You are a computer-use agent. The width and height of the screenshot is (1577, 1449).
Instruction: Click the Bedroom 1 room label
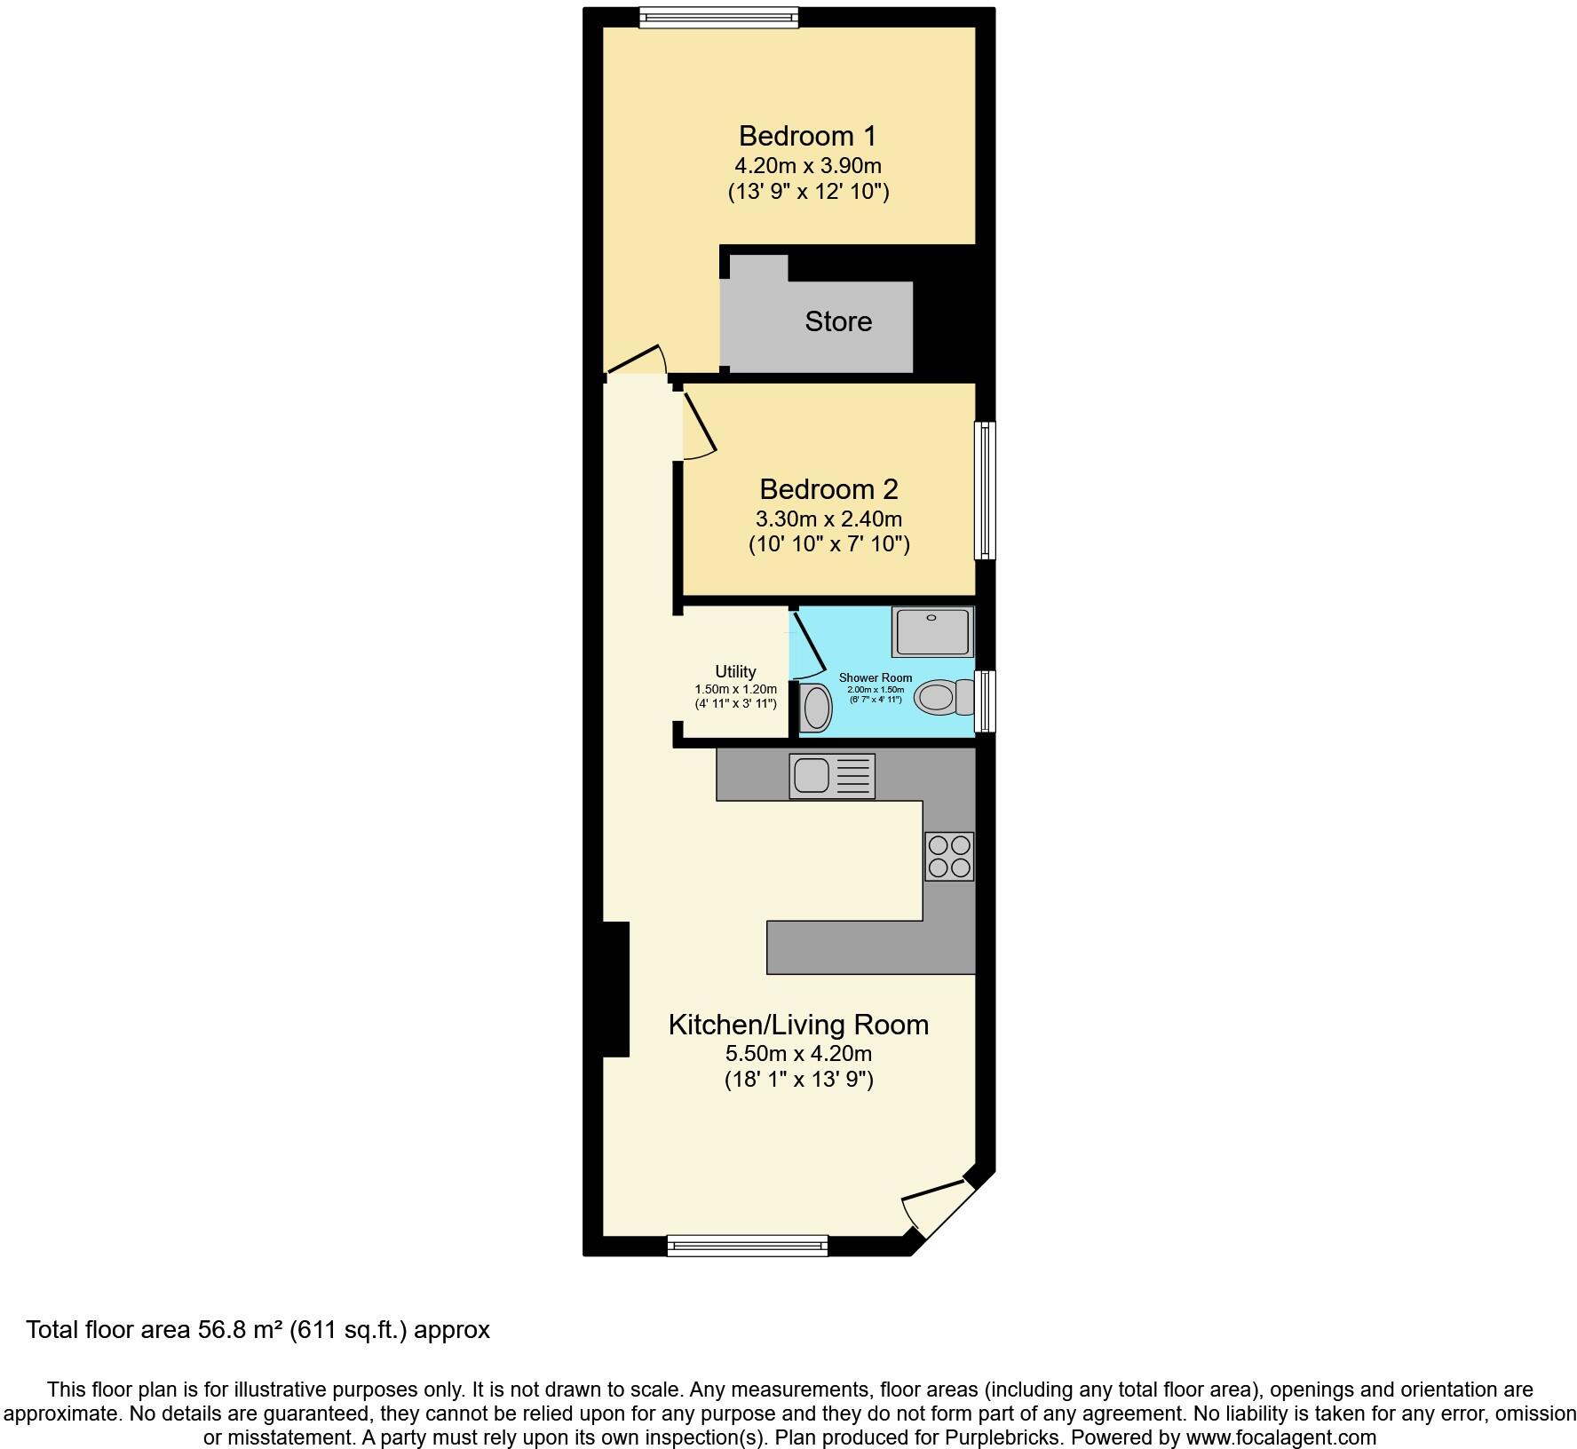[x=807, y=136]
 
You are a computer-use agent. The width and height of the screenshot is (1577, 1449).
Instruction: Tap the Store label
[x=838, y=321]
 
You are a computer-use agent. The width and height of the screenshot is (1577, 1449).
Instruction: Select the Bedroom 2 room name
[x=828, y=489]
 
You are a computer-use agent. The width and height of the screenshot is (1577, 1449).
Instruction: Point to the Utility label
[x=735, y=672]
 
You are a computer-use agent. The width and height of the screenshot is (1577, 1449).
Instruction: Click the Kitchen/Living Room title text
[x=798, y=1025]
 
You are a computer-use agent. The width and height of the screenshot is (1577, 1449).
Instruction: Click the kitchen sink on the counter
[x=832, y=776]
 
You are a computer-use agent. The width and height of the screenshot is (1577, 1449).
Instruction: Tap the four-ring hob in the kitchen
[x=949, y=856]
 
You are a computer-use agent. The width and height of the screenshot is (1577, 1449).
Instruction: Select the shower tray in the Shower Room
[x=932, y=631]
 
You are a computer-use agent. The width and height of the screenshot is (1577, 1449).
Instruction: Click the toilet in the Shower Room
[x=944, y=697]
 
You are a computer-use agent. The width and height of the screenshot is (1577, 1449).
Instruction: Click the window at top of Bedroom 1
[x=718, y=17]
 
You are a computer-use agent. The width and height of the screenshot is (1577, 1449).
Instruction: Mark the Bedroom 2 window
[x=985, y=490]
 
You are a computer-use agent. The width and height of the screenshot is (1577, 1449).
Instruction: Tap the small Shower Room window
[x=985, y=701]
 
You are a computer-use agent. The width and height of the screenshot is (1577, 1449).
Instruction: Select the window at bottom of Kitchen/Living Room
[x=748, y=1246]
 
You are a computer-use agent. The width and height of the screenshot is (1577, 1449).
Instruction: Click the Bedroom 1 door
[x=636, y=360]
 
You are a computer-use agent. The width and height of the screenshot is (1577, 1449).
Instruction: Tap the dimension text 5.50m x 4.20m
[x=798, y=1054]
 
